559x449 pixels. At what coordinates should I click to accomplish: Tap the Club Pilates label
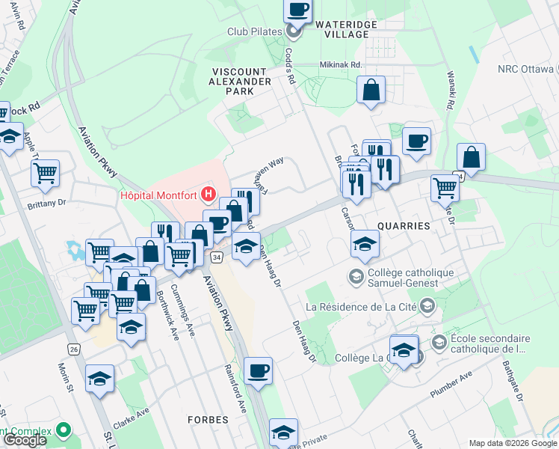coord(254,32)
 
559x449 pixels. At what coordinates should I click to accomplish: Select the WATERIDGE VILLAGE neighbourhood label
coord(342,29)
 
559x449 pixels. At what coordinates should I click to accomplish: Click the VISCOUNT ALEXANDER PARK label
coord(241,81)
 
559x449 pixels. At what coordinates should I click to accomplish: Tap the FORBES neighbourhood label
coord(208,420)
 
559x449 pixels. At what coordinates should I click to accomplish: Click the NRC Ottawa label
coord(525,70)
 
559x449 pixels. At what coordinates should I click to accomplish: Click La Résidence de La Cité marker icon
coord(427,305)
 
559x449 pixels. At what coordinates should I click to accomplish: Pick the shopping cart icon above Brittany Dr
coord(46,173)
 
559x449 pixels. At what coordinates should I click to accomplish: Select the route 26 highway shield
coord(73,349)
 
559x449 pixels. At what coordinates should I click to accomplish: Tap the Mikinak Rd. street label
coord(340,64)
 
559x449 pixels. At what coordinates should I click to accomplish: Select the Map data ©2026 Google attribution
coord(511,443)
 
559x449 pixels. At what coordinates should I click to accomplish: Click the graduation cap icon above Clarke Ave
coord(99,379)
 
